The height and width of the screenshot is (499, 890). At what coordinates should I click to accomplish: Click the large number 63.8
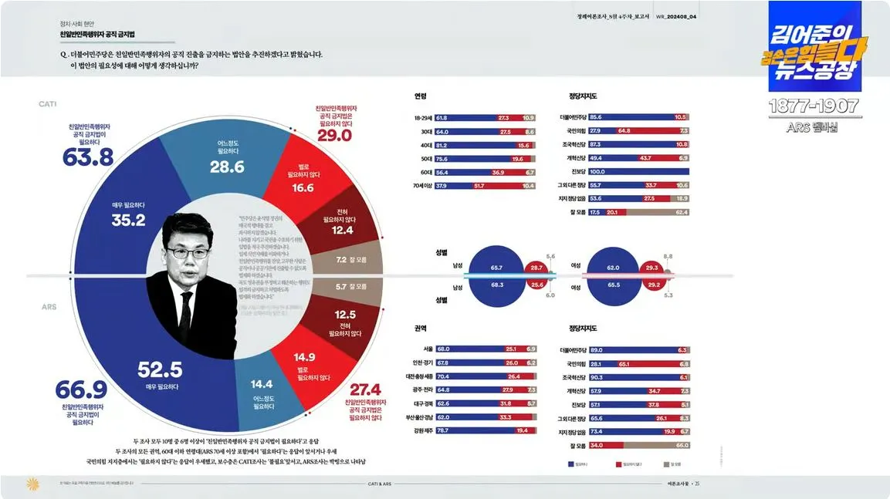pos(87,157)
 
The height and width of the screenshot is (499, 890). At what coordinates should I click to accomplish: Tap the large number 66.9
pos(81,390)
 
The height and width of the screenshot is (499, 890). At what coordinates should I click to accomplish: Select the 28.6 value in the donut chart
pos(227,167)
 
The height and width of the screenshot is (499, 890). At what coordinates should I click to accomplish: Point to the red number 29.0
pos(334,135)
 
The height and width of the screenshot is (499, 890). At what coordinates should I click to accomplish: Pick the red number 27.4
pos(365,389)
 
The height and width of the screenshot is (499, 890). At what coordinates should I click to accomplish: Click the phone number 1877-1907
pos(814,105)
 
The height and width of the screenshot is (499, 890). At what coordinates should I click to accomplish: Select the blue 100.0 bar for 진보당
pos(637,171)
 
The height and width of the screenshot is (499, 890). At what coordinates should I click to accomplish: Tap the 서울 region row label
pos(429,349)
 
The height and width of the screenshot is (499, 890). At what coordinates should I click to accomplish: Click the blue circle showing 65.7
pos(496,268)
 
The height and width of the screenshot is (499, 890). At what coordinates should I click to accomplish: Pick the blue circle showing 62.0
pos(613,268)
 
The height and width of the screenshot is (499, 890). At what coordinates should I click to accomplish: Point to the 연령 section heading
pos(420,96)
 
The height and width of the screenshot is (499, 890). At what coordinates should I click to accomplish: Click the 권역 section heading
pos(420,327)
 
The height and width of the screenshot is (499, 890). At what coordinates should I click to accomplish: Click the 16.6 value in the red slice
pos(303,187)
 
